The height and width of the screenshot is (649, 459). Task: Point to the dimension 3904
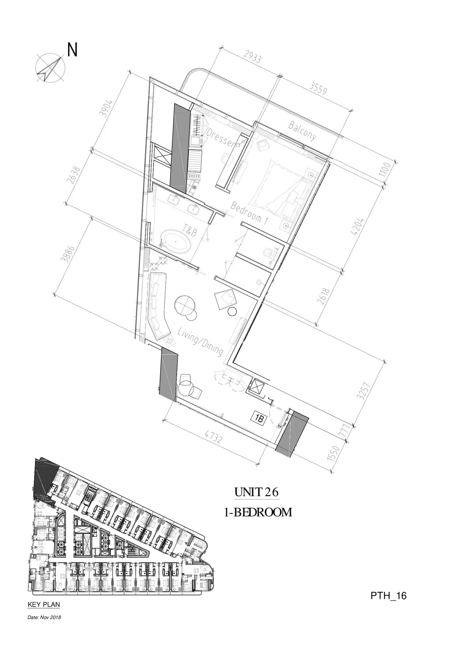point(106,108)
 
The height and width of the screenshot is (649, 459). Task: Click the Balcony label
point(302,132)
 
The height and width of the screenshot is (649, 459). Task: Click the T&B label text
point(190,230)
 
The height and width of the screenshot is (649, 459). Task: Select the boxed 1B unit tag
point(259,419)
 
